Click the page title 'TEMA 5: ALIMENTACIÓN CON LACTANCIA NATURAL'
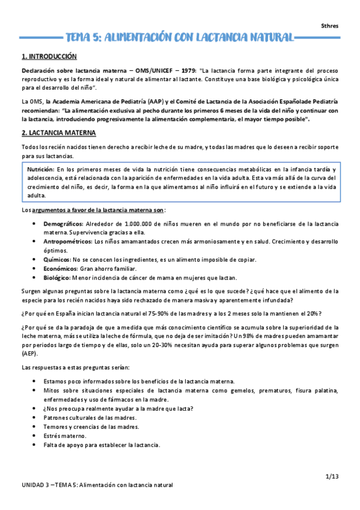[180, 38]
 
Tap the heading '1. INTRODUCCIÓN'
[49, 57]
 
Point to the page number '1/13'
[332, 476]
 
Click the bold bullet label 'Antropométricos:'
[69, 241]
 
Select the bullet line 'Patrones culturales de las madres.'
[90, 417]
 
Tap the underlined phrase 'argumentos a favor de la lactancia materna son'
[99, 210]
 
